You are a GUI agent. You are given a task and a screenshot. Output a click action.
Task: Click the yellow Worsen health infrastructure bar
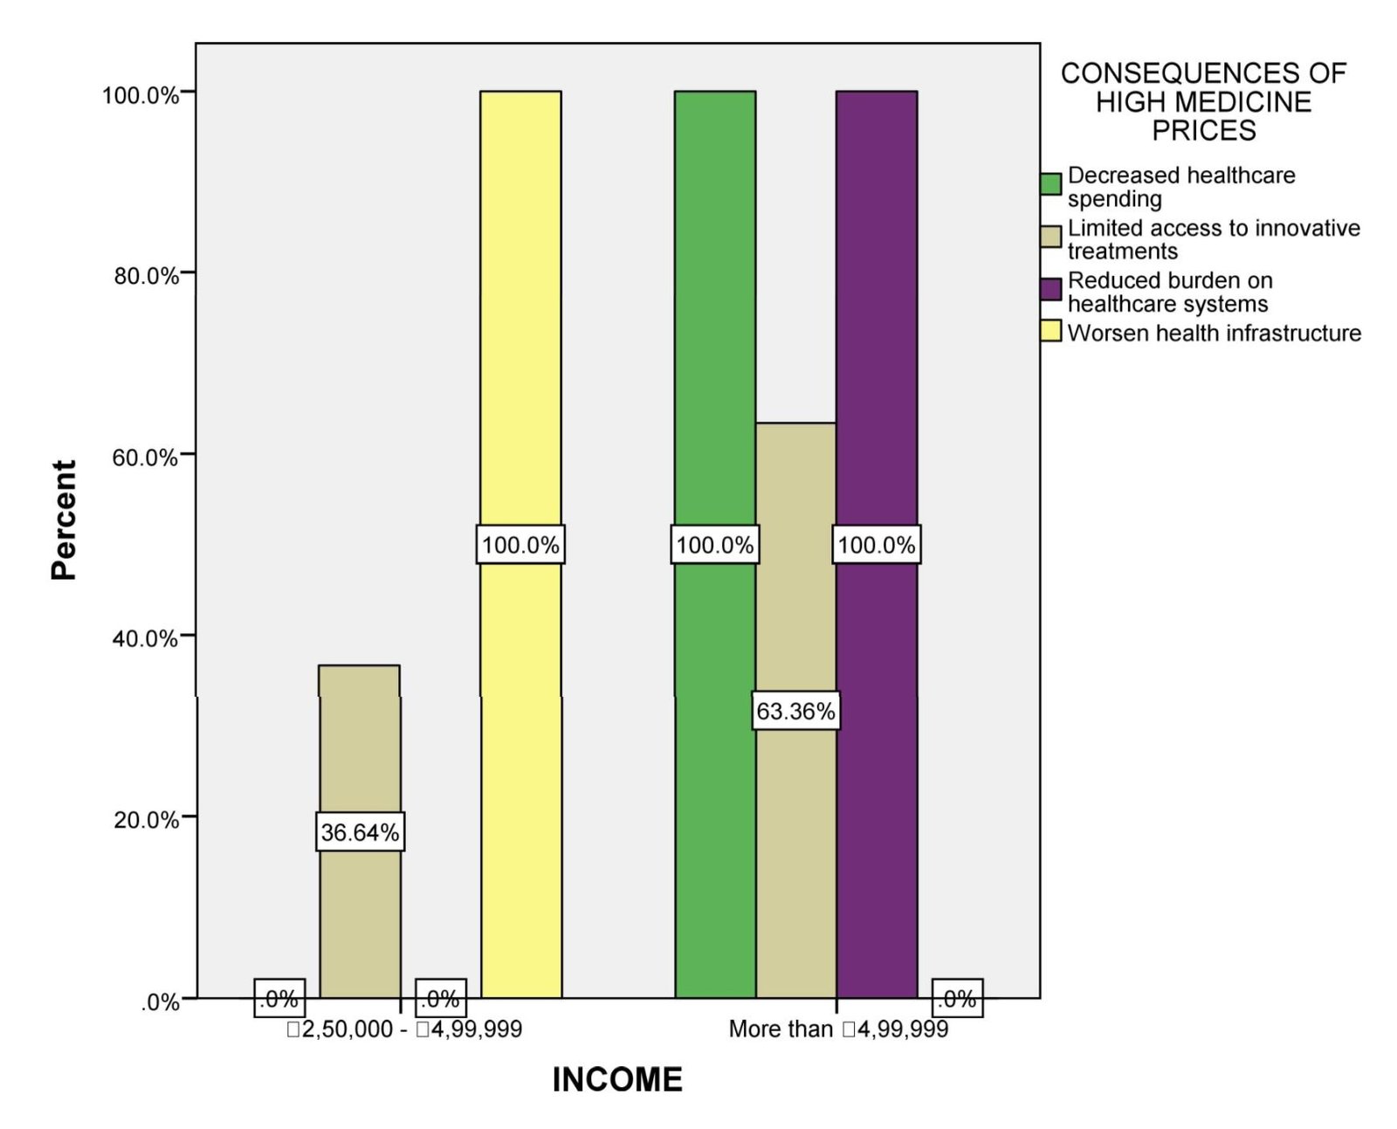[x=520, y=545]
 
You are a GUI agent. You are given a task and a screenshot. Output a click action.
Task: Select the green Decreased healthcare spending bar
[x=715, y=545]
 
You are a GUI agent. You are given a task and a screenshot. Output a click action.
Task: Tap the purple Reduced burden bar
[x=877, y=545]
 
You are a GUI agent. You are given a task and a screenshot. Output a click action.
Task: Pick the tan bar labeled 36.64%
[x=360, y=831]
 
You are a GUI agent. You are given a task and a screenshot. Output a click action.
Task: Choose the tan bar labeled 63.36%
[x=795, y=710]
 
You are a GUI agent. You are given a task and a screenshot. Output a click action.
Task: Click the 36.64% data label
[x=360, y=832]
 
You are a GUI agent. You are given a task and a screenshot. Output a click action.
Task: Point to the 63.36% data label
[x=795, y=711]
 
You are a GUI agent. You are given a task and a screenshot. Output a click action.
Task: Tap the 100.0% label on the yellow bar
[x=520, y=544]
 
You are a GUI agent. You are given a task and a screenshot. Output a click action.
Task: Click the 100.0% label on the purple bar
[x=877, y=544]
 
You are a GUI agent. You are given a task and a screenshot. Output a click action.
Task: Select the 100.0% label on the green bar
[x=715, y=544]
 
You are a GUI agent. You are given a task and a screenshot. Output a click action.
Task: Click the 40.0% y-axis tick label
[x=145, y=637]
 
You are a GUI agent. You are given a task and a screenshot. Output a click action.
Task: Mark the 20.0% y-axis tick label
[x=146, y=819]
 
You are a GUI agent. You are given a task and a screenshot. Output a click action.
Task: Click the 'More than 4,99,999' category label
[x=838, y=1029]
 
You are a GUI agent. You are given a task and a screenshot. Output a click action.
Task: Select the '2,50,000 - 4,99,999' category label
[x=404, y=1029]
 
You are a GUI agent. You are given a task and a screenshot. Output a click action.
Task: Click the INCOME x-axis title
[x=617, y=1079]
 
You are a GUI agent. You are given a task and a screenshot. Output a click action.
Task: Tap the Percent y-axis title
[x=64, y=520]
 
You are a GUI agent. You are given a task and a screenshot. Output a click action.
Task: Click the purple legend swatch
[x=1050, y=289]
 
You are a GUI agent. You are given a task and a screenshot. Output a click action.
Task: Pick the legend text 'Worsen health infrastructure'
[x=1214, y=333]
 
